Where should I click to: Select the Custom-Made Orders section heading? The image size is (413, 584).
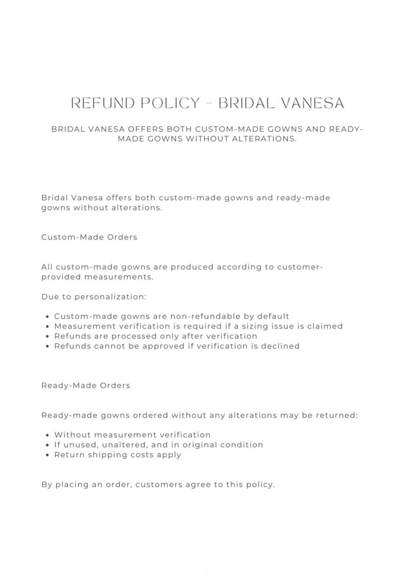89,237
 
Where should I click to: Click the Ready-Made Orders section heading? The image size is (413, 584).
86,386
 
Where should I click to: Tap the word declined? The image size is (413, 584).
280,346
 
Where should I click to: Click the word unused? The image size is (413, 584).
77,445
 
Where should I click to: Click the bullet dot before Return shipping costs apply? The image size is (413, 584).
47,455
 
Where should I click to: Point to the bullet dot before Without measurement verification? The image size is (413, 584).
47,435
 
